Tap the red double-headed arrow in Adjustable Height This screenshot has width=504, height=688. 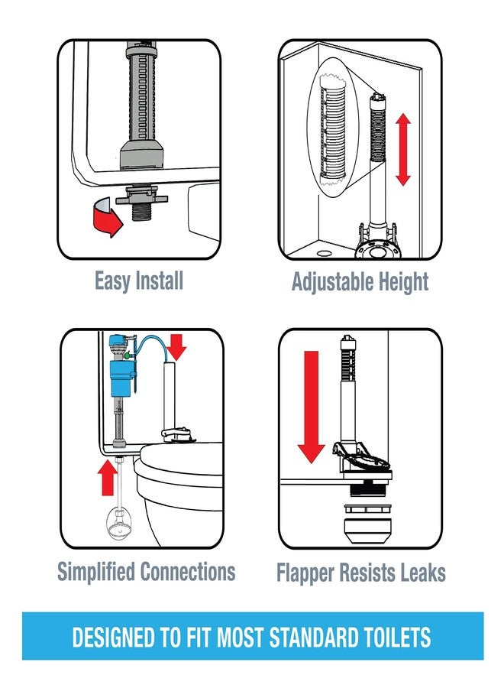403,150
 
